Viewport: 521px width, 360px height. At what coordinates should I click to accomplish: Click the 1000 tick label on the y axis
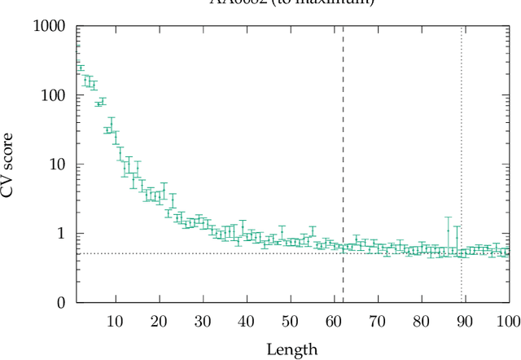[50, 27]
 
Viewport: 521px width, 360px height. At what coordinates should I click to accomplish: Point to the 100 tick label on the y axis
[54, 96]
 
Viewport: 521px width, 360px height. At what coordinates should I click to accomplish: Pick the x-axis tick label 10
[116, 321]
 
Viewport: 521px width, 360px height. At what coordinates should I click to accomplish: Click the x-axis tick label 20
[160, 321]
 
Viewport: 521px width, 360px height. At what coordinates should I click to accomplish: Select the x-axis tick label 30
[203, 321]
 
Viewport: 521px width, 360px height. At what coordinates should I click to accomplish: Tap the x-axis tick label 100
[507, 321]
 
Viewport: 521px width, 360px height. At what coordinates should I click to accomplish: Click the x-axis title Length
[291, 349]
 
